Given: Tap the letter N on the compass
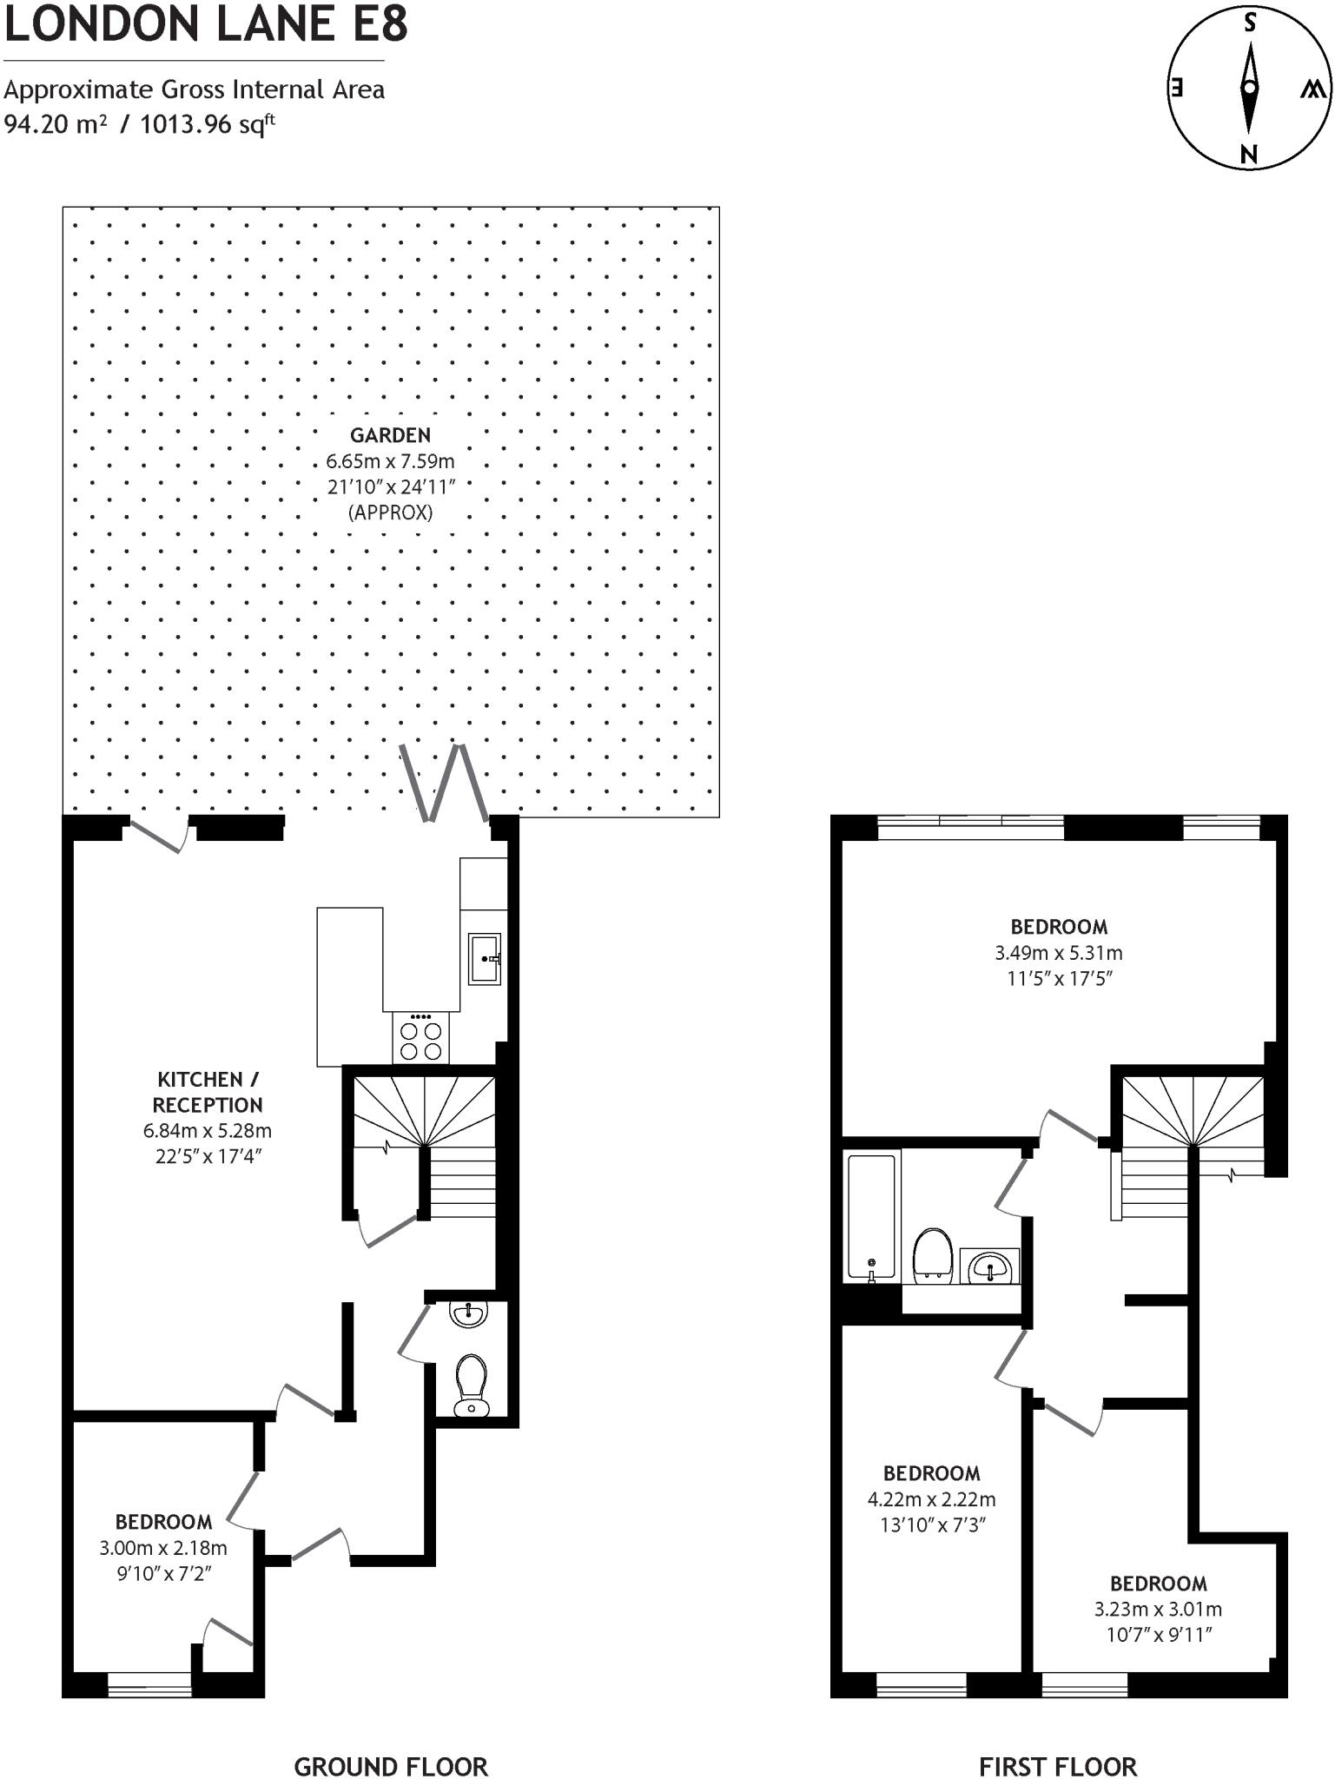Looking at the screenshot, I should [1249, 155].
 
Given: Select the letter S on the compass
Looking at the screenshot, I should [1250, 23].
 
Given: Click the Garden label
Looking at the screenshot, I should [390, 435].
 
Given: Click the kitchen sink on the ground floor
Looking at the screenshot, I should [484, 959].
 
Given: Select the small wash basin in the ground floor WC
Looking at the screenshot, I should [469, 1314].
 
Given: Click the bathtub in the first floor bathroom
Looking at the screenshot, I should [871, 1216].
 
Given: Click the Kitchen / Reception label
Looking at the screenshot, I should [208, 1092].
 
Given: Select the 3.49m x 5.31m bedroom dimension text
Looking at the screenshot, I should [1058, 953].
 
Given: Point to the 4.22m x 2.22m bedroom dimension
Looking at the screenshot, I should [931, 1499].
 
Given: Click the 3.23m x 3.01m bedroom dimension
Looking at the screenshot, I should [1158, 1609].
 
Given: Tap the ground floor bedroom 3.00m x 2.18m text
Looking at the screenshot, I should [163, 1547].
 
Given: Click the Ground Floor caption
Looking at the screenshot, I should [391, 1743].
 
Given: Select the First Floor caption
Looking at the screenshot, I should [1057, 1743].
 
